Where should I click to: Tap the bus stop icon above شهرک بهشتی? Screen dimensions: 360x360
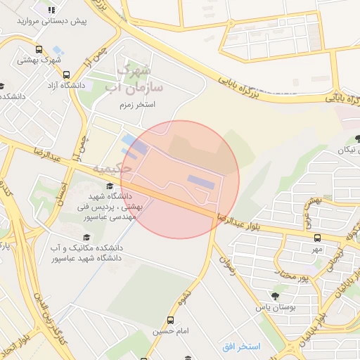click(38, 50)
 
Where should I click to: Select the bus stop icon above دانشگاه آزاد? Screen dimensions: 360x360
click(66, 75)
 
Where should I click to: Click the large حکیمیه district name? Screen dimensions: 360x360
click(112, 169)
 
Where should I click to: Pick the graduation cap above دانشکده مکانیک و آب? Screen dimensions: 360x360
click(86, 238)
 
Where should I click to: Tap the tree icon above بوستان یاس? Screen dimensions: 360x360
click(261, 296)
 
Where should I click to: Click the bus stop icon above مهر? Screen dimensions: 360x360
click(317, 238)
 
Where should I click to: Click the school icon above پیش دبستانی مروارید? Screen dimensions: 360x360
click(51, 10)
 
